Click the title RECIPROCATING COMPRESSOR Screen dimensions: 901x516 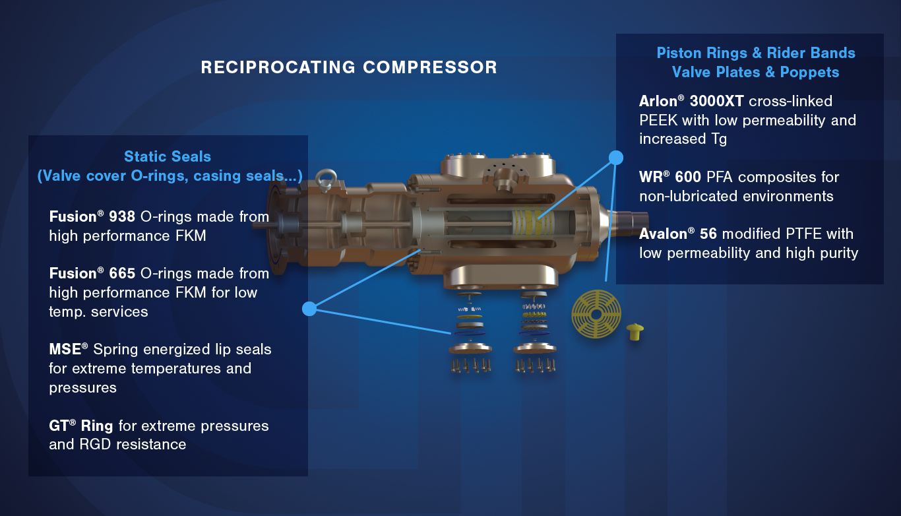click(x=349, y=67)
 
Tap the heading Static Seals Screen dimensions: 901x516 click(x=168, y=156)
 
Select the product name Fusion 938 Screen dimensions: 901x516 click(x=92, y=216)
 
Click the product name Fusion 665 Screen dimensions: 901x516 click(x=92, y=273)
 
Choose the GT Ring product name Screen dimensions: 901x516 click(x=81, y=426)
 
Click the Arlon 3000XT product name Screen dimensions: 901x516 click(x=691, y=101)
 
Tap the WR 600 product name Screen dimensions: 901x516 click(x=670, y=177)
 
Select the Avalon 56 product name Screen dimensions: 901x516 click(x=678, y=234)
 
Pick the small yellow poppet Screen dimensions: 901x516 click(x=635, y=332)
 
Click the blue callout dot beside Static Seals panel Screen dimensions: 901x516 click(x=309, y=309)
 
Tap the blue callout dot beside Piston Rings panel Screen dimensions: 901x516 click(x=616, y=158)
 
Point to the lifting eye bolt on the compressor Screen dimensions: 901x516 click(x=325, y=179)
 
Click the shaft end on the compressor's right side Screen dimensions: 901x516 click(x=633, y=222)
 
